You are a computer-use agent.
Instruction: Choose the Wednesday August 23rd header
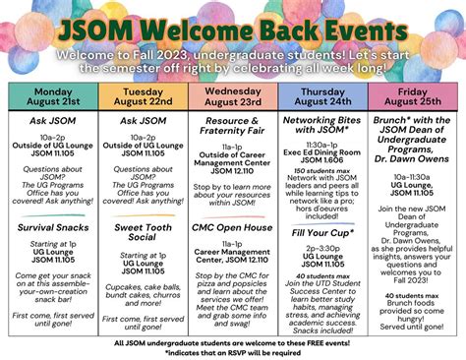(232, 96)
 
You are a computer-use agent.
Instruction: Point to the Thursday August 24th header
(321, 96)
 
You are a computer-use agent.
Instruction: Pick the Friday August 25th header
(411, 96)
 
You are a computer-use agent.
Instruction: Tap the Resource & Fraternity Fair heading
(232, 124)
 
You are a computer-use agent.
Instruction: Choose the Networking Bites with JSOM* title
(321, 124)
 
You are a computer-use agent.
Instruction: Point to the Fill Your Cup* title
(321, 232)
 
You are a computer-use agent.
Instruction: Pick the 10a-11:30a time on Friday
(411, 175)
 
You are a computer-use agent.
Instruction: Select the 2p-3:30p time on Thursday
(321, 248)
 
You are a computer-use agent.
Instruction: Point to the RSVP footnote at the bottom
(232, 351)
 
